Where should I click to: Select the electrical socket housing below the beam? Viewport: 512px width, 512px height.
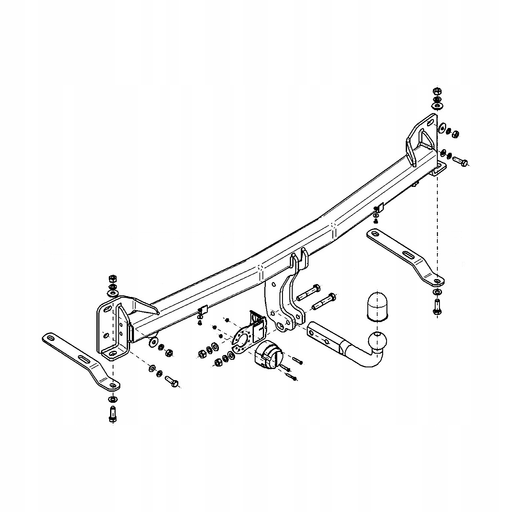click(268, 353)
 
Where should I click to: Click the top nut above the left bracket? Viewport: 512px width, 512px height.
click(113, 279)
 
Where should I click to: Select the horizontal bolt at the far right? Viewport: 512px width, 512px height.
click(459, 162)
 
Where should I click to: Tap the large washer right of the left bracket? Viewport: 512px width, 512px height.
click(152, 342)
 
